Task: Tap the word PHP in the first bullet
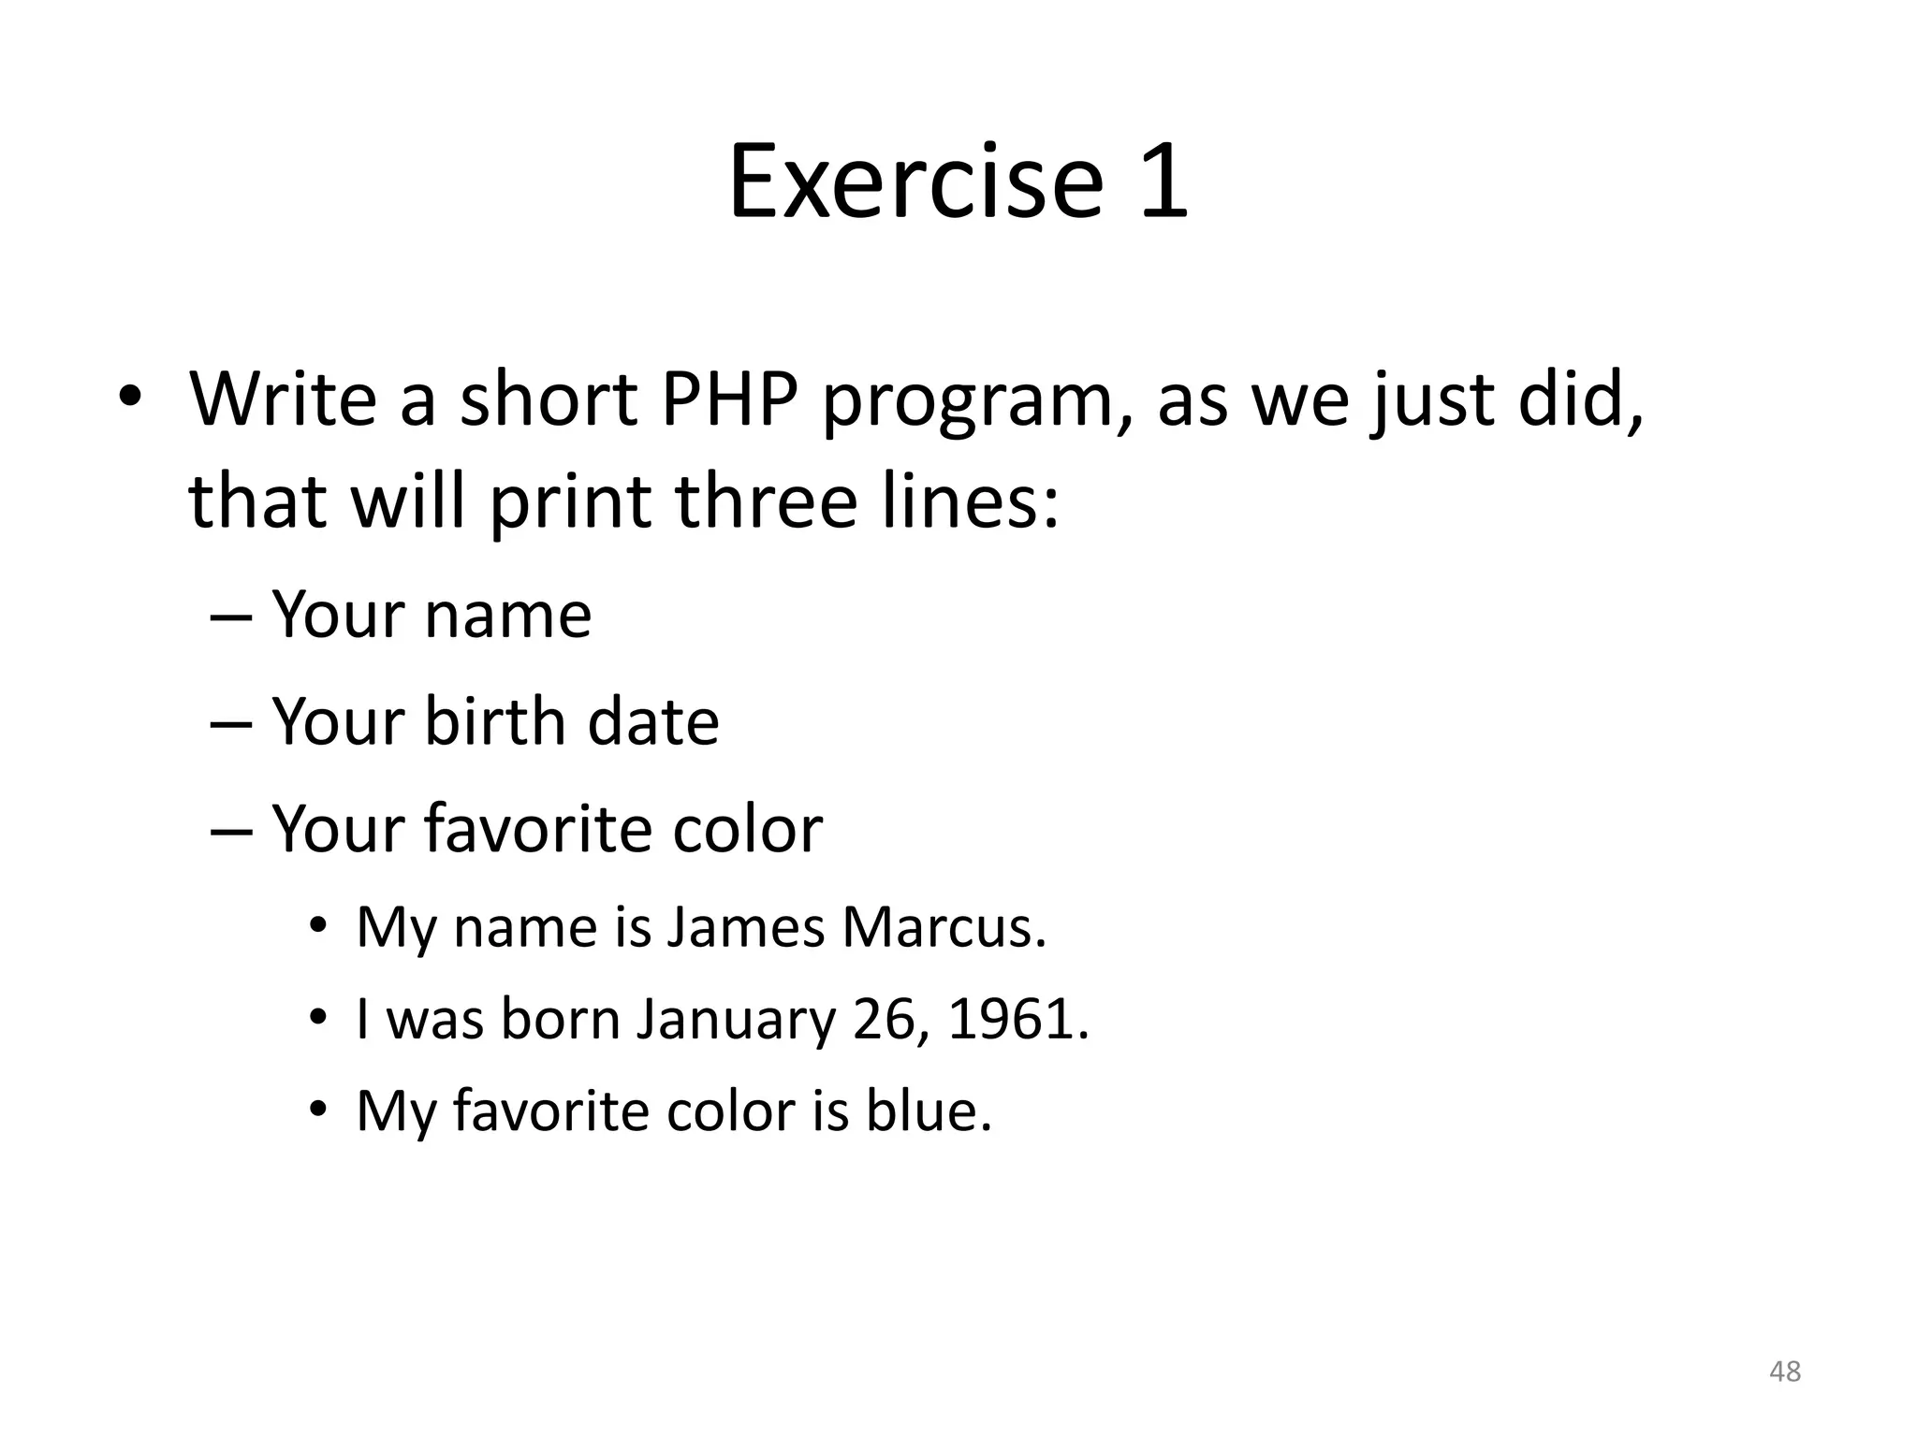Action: click(728, 399)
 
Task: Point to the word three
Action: click(766, 501)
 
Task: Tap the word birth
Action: click(494, 721)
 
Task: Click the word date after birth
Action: click(652, 721)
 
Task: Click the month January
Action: click(735, 1020)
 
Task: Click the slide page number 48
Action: click(1785, 1371)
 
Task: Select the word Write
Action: click(283, 399)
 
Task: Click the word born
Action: click(560, 1019)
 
